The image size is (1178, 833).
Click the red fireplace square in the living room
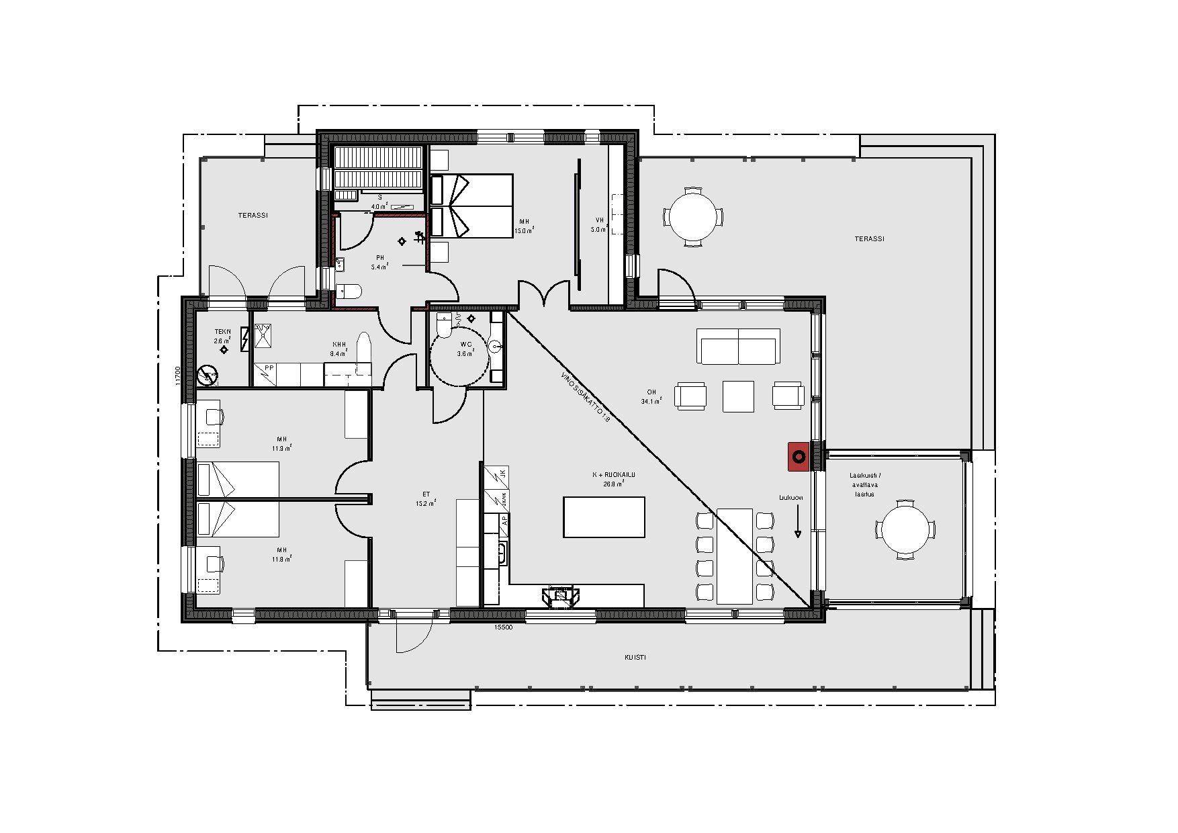pos(799,457)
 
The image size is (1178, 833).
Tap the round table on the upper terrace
pos(694,216)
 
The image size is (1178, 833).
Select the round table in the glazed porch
pos(905,529)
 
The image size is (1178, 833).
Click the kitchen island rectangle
pos(604,517)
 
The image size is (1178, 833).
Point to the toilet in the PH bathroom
pos(349,291)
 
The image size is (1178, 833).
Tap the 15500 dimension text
pos(504,627)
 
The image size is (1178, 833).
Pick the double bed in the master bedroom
pos(471,206)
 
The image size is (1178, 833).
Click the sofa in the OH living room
pos(739,346)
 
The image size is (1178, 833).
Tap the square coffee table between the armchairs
pos(738,396)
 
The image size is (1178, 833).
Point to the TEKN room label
pos(222,332)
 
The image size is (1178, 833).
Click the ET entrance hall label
pos(426,494)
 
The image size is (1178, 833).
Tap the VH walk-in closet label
pos(600,220)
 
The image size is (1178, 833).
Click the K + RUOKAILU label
pos(613,475)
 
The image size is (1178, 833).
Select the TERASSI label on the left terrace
pos(253,216)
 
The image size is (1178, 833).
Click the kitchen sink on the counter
pos(501,552)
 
